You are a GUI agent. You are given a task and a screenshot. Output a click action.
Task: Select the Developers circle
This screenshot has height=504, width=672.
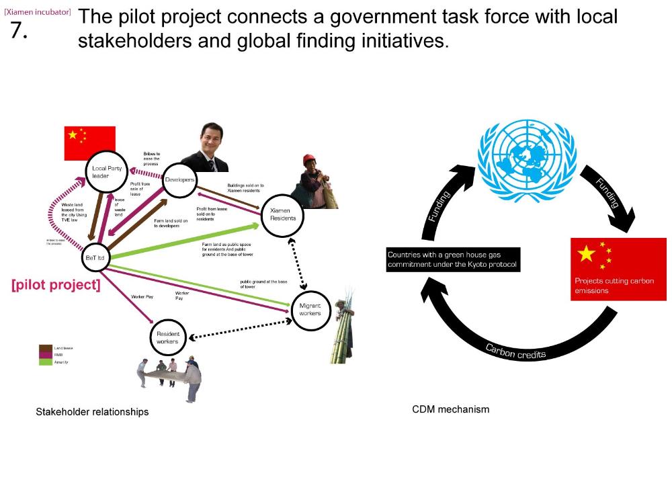click(179, 180)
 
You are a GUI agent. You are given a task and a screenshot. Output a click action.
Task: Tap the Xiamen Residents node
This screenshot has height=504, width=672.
click(283, 214)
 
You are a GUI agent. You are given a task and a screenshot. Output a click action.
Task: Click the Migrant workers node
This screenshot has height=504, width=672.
click(310, 310)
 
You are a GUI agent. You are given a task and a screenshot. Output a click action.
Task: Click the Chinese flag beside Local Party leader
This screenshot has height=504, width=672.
click(89, 142)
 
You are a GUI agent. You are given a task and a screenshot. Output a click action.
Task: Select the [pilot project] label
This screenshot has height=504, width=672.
click(56, 285)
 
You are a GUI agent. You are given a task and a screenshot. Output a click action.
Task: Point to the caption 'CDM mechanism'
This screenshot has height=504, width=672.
click(450, 409)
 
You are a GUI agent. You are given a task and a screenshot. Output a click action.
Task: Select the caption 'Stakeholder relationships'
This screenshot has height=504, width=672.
click(92, 411)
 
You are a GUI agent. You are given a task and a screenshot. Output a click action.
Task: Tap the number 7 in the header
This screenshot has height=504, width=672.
click(19, 30)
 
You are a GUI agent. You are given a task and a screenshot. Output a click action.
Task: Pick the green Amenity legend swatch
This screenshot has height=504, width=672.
click(46, 362)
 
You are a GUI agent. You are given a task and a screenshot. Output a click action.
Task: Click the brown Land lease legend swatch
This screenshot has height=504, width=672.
click(46, 347)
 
